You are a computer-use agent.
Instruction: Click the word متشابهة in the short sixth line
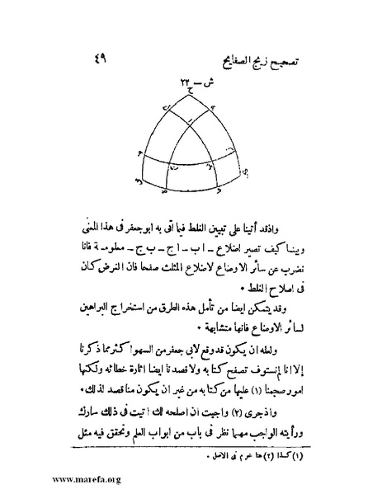tap(168, 334)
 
